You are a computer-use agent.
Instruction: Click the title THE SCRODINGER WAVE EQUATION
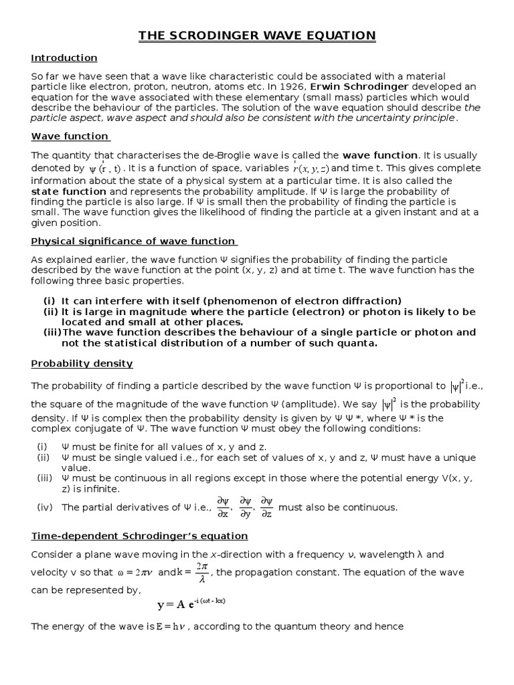(257, 35)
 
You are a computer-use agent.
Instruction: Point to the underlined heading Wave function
(70, 136)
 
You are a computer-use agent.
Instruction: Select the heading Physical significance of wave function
(134, 241)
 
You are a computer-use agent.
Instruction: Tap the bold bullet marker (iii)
(53, 332)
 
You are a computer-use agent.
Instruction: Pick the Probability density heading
(82, 363)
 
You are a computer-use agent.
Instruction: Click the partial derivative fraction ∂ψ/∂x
(223, 507)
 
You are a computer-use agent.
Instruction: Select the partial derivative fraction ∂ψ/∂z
(266, 507)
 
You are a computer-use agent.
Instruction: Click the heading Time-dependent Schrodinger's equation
(140, 536)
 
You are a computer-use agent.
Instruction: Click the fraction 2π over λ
(202, 573)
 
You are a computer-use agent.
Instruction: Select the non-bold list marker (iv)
(45, 508)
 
